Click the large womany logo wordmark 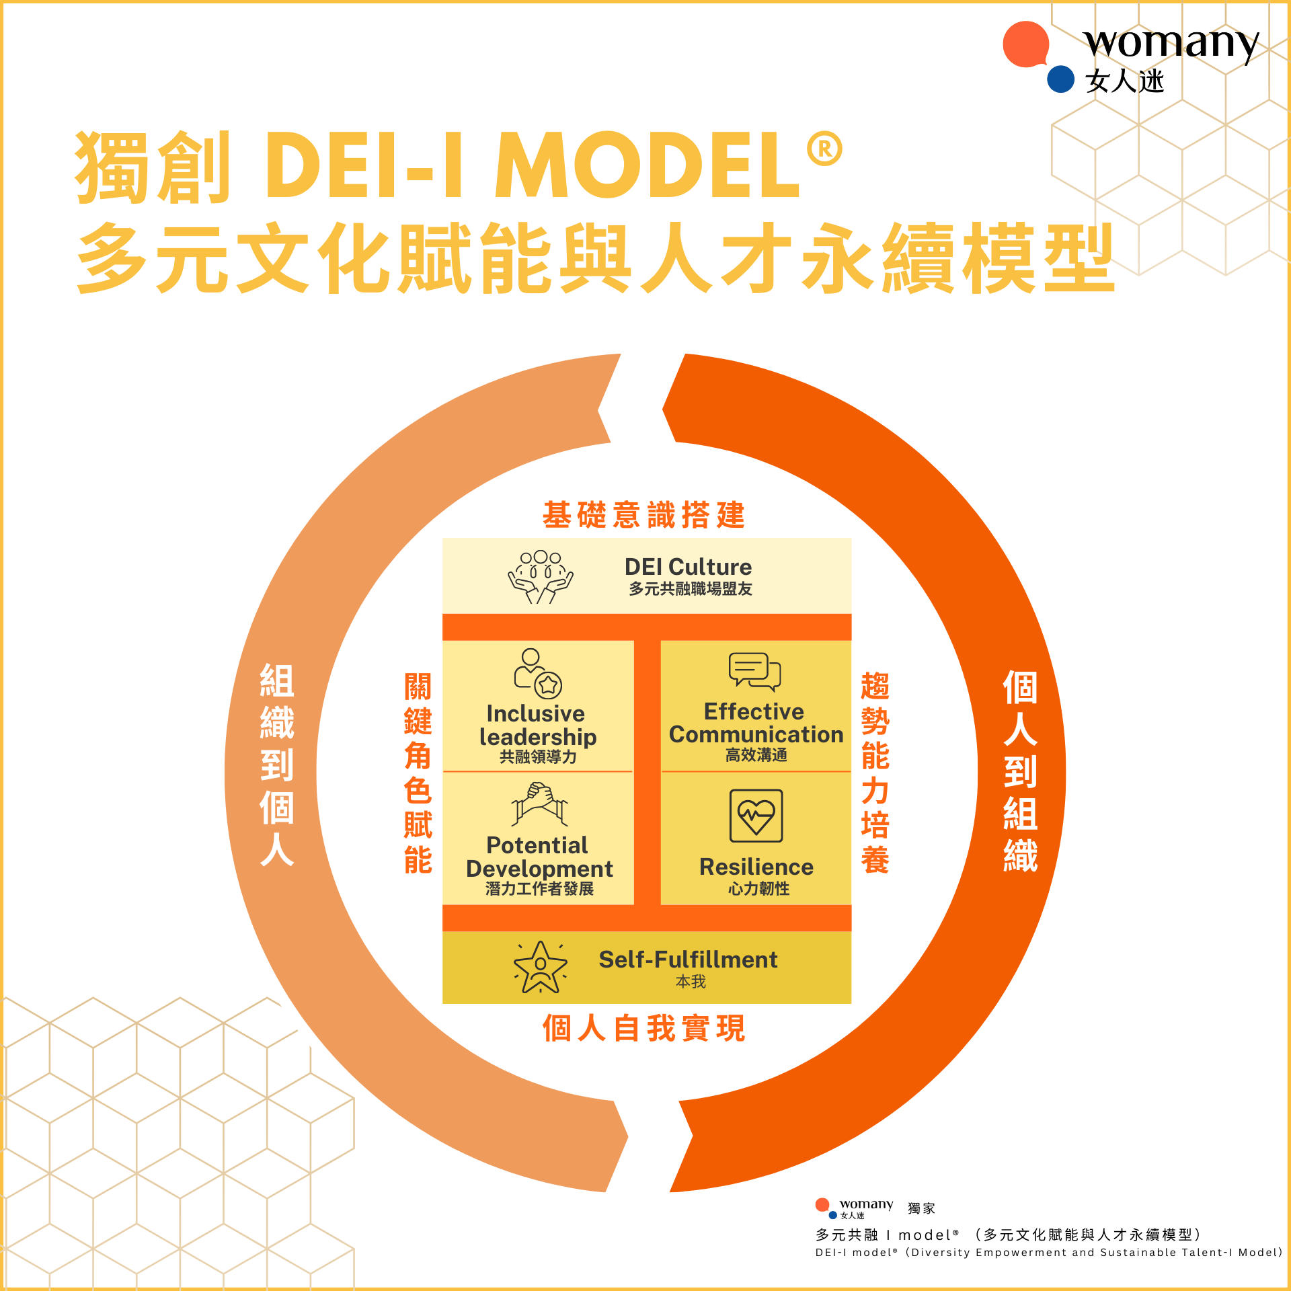[1170, 44]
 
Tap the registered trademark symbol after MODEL [824, 149]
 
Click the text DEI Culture [688, 567]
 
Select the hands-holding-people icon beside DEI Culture [540, 576]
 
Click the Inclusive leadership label [537, 725]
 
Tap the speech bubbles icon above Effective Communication [754, 671]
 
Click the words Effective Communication [756, 723]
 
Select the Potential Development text [539, 857]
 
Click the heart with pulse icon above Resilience [756, 816]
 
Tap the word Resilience [756, 867]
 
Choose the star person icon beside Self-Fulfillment [540, 967]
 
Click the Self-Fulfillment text [688, 960]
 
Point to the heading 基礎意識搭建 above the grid [643, 515]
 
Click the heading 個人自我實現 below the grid [643, 1028]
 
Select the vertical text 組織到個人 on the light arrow [277, 765]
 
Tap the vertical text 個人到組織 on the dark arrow [1020, 771]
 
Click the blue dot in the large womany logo [1060, 79]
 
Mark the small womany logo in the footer [854, 1208]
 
